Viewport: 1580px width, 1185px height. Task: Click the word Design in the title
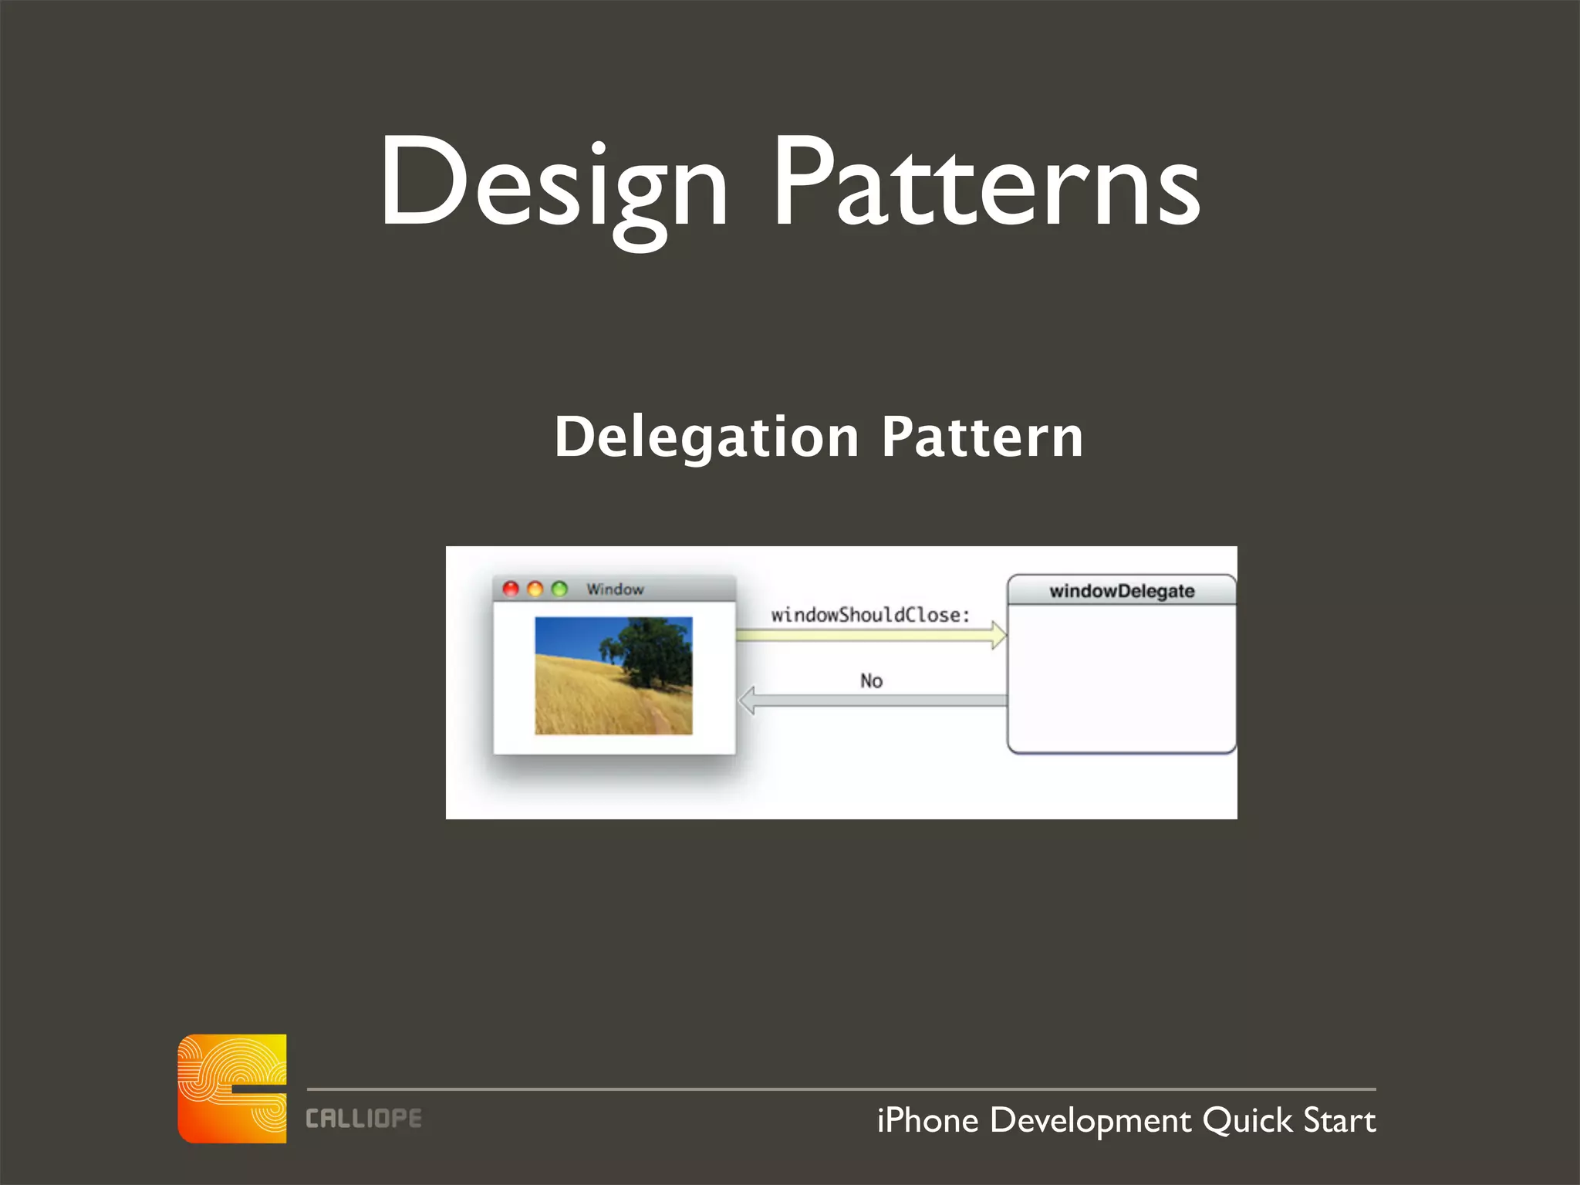[553, 185]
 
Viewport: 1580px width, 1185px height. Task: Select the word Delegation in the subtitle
[706, 437]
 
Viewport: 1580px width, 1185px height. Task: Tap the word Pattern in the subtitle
[982, 437]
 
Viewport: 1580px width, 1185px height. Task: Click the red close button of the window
[511, 589]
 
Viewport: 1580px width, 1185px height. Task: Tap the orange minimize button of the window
[535, 589]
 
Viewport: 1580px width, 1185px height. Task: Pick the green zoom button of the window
[559, 589]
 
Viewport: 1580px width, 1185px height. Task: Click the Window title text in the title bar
[615, 589]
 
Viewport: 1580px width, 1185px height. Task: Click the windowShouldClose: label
[870, 615]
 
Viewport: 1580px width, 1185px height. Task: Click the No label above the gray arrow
[871, 680]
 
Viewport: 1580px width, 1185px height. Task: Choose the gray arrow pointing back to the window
[872, 701]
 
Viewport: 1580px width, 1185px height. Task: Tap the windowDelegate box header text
[1122, 591]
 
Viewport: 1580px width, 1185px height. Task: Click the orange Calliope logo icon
[232, 1088]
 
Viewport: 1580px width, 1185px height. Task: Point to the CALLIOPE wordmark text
[363, 1119]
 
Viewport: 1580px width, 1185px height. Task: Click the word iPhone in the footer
[927, 1120]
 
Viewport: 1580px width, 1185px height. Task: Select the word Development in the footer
[1090, 1120]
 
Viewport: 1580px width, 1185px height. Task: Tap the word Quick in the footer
[1247, 1120]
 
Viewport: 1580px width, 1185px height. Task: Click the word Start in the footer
[1339, 1120]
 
